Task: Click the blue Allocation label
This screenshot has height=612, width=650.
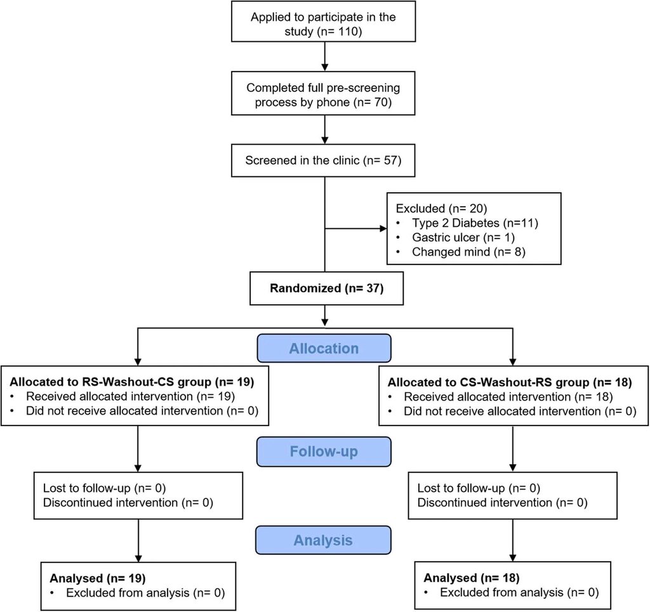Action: click(324, 348)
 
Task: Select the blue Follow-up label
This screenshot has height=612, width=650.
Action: click(324, 452)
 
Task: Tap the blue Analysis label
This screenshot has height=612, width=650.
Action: click(323, 540)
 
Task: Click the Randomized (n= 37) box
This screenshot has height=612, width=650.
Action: click(327, 288)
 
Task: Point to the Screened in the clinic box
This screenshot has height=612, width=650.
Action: click(323, 160)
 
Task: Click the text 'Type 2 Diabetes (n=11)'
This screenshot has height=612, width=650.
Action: click(475, 223)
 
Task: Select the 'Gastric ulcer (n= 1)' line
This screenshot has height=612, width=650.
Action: click(463, 238)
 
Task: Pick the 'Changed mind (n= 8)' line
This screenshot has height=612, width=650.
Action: click(469, 252)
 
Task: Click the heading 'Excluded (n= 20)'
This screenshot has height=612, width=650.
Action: click(442, 208)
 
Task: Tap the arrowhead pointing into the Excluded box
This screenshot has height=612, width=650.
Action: click(383, 228)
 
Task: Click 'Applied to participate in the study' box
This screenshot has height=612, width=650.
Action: click(323, 22)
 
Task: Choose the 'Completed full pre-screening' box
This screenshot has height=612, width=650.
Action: click(323, 94)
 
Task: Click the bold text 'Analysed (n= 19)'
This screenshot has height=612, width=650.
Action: click(98, 578)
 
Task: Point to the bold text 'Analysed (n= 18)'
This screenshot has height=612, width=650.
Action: click(472, 578)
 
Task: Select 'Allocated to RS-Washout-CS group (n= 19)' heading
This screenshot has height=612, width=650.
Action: click(132, 382)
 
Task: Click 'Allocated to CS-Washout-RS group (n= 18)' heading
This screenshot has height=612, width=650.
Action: click(510, 382)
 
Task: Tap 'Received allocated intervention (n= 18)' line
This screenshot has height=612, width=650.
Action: click(508, 396)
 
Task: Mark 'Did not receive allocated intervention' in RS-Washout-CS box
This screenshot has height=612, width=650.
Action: click(142, 411)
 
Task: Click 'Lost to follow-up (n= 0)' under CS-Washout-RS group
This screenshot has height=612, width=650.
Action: click(479, 488)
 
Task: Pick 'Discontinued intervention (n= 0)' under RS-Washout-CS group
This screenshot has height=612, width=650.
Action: click(128, 503)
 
